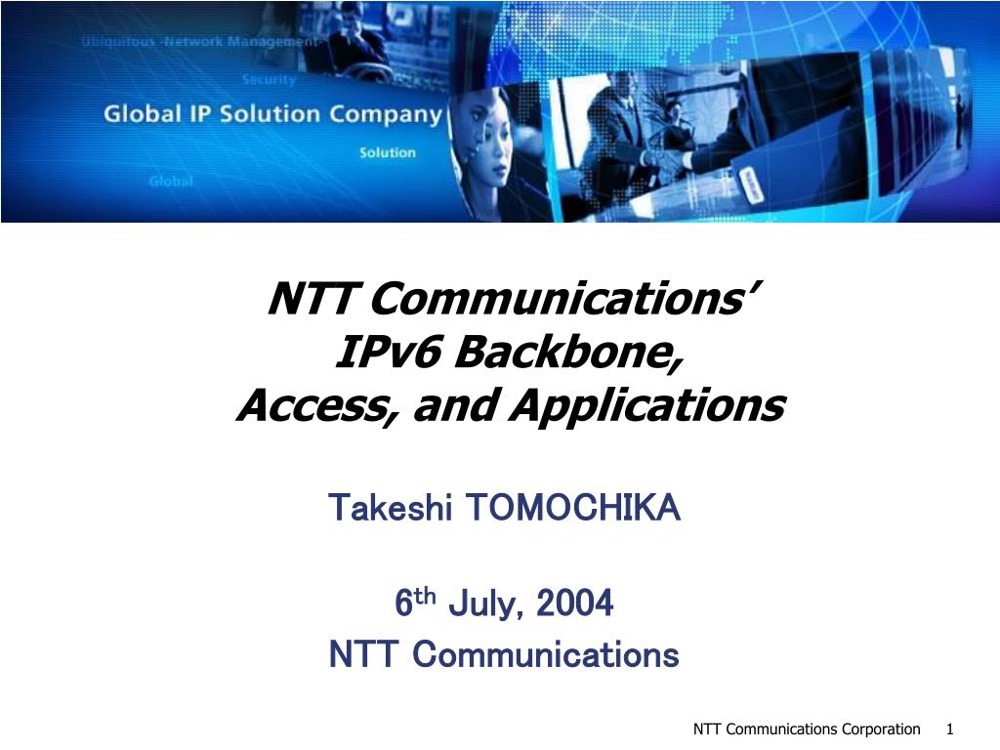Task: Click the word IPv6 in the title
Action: point(388,352)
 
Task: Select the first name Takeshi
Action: point(391,508)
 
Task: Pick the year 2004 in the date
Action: point(574,603)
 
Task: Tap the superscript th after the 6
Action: point(425,597)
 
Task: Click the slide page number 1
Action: point(949,729)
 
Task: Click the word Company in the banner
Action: point(385,115)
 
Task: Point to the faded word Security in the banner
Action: point(269,80)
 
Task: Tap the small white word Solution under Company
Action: point(387,152)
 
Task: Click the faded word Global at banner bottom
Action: point(170,181)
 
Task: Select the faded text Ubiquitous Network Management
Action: point(199,42)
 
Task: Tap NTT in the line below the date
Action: point(361,655)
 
